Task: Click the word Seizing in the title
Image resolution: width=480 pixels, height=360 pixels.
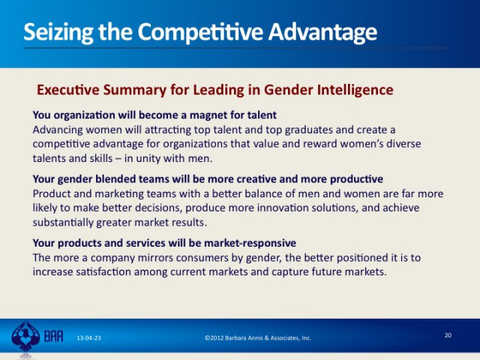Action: [58, 32]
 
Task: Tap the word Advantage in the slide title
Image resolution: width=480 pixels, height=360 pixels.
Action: [322, 32]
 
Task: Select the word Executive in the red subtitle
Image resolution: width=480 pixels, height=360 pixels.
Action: [68, 90]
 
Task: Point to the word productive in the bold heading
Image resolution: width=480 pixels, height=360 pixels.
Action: [357, 179]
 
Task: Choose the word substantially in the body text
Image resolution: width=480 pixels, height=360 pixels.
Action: [63, 223]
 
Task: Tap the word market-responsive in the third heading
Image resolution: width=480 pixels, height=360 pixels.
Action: [250, 243]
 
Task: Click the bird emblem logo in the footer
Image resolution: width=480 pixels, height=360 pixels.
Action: [25, 337]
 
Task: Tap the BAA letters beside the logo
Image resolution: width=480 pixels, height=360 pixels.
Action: [53, 337]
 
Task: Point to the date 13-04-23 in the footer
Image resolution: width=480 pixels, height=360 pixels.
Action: [88, 338]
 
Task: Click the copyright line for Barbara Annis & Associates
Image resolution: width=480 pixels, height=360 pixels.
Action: [258, 338]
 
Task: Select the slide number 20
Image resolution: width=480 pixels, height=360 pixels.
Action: [448, 335]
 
